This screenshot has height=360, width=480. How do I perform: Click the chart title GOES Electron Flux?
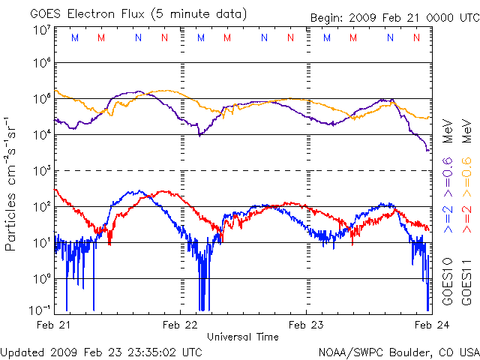point(97,13)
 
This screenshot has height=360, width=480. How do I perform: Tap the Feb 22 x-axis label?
point(180,325)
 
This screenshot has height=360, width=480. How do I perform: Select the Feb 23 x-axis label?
point(306,325)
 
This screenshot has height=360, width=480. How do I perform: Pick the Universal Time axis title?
point(243,337)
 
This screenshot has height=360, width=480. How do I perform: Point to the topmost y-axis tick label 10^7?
point(42,31)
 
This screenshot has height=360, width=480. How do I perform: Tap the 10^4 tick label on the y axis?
point(42,134)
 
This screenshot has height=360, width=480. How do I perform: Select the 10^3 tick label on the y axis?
point(42,170)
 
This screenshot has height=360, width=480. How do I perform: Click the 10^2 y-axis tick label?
point(42,206)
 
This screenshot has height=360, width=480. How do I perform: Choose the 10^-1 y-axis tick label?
point(40,310)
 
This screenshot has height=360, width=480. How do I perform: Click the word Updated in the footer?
point(22,351)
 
